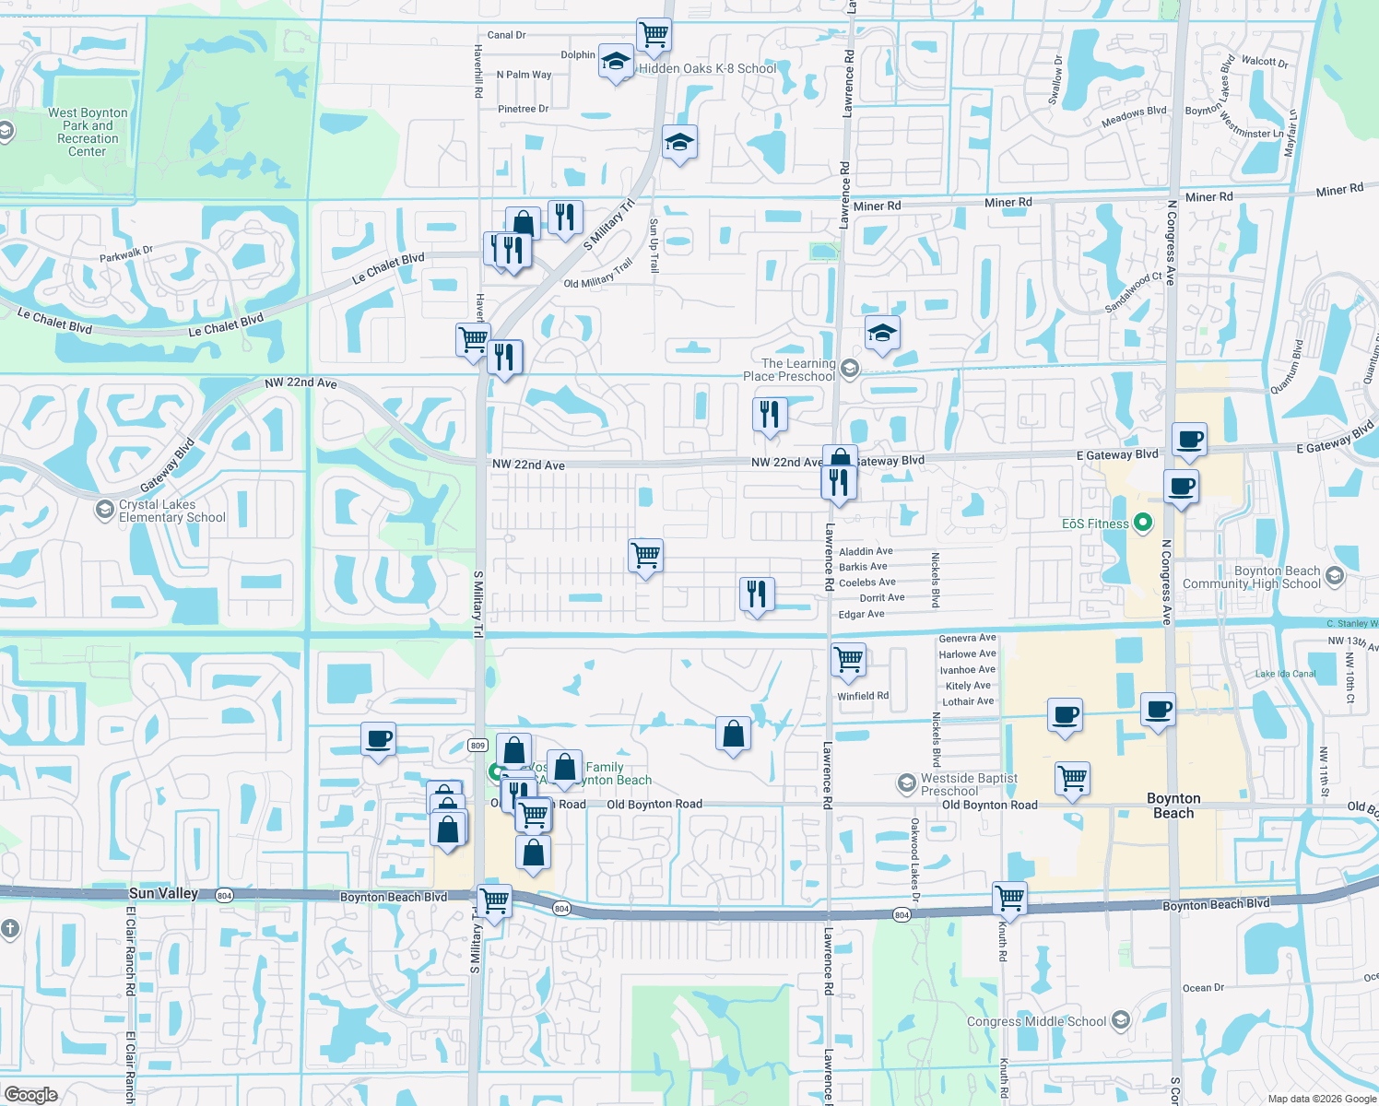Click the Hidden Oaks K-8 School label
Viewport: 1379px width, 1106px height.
pos(707,68)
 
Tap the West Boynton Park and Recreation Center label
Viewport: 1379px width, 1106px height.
pos(88,132)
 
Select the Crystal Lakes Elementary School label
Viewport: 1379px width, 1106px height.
pos(171,511)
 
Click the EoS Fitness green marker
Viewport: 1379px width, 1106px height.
pos(1143,523)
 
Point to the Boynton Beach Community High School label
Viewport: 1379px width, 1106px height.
pos(1251,577)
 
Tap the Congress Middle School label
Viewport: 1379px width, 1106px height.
pos(1036,1021)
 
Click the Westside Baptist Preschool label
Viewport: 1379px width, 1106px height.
pos(969,784)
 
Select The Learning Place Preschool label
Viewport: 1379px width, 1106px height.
pos(789,370)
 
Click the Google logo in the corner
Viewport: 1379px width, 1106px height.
pos(30,1094)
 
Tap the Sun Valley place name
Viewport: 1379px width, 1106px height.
pos(163,893)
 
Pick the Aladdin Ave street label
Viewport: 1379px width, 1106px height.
pos(866,551)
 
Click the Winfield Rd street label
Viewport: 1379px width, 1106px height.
pos(863,696)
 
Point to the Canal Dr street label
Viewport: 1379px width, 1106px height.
pos(506,35)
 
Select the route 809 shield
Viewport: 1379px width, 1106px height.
pos(477,745)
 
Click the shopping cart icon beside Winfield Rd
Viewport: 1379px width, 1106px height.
pos(848,659)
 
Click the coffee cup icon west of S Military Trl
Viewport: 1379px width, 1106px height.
pos(379,738)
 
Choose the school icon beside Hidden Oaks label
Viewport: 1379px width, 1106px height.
pos(616,62)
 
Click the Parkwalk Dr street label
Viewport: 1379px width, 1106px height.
pos(126,253)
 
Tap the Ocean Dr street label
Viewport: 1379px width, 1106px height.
pos(1203,988)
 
